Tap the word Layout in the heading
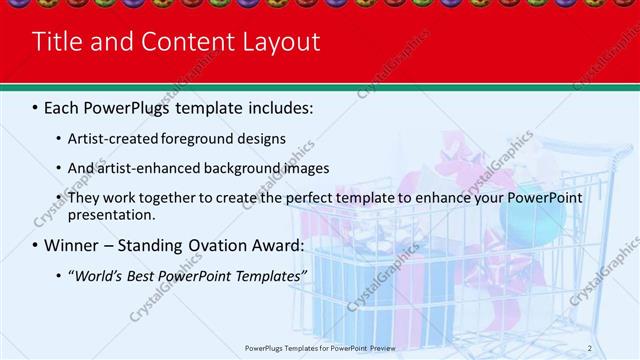pos(283,42)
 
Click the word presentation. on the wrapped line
pos(112,214)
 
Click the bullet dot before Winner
pos(35,246)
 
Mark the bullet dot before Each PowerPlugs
pos(35,107)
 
